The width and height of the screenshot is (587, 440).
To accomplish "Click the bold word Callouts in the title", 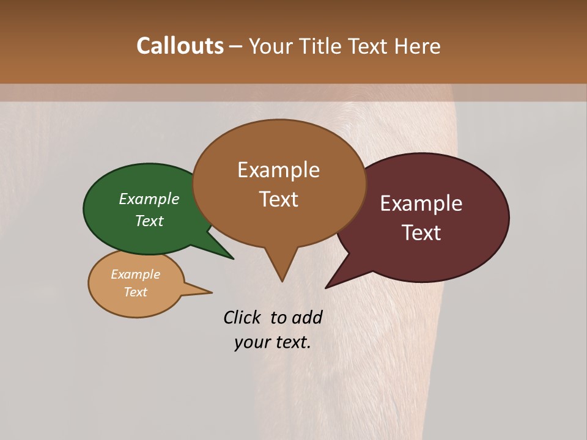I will point(180,46).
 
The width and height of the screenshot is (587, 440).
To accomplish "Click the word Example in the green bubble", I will point(149,199).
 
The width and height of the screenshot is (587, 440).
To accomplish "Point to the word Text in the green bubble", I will point(149,221).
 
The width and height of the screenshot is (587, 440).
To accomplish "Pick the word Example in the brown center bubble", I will point(278,170).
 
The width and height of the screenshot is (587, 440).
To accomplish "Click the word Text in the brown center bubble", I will point(278,199).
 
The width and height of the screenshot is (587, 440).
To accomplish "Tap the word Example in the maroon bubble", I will point(421,204).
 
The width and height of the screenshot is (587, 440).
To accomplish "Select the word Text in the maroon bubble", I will point(421,233).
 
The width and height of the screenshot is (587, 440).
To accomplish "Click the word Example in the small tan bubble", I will point(135,274).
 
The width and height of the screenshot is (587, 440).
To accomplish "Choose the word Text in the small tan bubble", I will point(135,292).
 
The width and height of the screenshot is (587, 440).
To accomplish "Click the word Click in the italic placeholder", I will point(242,317).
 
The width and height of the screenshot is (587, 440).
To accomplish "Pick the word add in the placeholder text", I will point(307,317).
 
